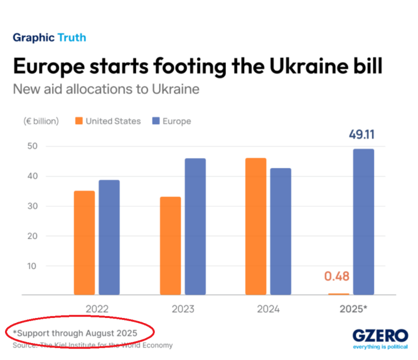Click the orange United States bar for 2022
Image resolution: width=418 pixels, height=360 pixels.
84,243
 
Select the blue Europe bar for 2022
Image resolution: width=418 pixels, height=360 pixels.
109,237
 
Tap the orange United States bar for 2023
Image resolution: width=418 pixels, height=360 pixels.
170,246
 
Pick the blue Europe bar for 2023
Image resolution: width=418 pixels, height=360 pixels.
195,226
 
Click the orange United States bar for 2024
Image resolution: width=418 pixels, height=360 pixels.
256,226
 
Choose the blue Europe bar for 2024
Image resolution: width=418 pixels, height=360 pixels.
281,231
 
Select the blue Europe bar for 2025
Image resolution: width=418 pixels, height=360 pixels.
363,222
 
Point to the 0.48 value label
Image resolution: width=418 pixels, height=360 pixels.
336,276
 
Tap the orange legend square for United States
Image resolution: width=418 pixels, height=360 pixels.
79,121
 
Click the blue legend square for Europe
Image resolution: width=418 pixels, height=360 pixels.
156,121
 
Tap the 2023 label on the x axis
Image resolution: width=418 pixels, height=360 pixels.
183,309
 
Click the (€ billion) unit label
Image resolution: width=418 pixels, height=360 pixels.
41,121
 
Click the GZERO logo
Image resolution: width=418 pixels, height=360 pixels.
379,336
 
